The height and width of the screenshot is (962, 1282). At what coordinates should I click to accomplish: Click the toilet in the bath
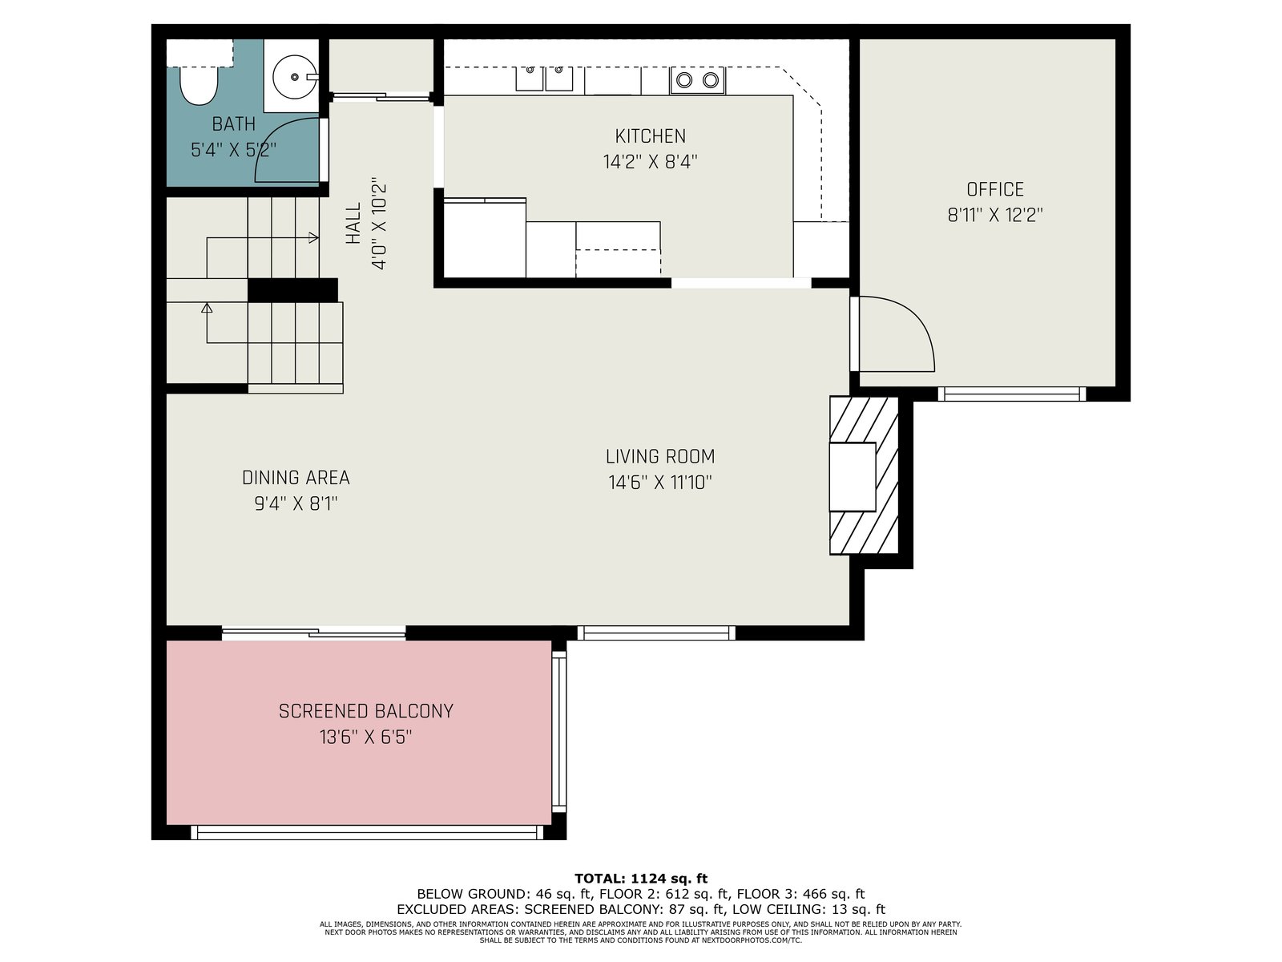tap(199, 85)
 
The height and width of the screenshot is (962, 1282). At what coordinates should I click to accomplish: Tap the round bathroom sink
tap(296, 76)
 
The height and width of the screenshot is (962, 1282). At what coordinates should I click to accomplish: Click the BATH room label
tap(234, 123)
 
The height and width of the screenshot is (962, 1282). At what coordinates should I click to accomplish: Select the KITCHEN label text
tap(650, 136)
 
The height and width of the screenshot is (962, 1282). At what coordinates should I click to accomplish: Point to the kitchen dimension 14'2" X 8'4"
tap(650, 161)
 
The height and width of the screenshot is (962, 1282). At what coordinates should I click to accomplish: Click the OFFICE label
tap(995, 189)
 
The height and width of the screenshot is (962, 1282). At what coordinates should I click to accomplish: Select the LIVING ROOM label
tap(660, 456)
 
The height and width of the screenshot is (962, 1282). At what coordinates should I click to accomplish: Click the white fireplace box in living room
tap(853, 477)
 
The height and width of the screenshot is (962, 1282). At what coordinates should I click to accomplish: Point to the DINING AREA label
tap(296, 478)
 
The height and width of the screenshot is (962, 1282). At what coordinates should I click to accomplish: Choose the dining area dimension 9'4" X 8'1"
tap(296, 503)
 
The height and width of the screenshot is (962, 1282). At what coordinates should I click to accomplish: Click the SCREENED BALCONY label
tap(366, 711)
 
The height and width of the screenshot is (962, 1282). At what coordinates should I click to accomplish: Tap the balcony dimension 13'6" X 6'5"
tap(366, 737)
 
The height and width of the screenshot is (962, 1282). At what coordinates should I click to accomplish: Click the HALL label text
tap(353, 224)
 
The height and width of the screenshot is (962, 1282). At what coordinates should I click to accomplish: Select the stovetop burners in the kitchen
tap(697, 80)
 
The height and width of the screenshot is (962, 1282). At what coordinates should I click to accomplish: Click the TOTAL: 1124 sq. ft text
tap(641, 879)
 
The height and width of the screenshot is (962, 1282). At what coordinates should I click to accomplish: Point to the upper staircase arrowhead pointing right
tap(313, 238)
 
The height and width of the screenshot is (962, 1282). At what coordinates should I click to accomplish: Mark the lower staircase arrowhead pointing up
tap(207, 308)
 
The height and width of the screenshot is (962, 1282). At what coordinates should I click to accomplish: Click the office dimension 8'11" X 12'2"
tap(995, 215)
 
